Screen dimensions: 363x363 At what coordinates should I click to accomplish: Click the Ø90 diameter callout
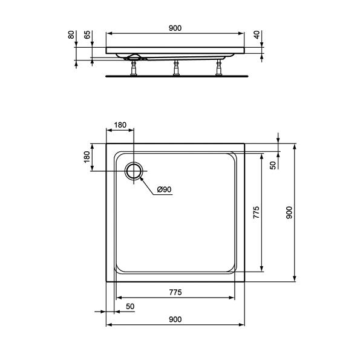(x=165, y=189)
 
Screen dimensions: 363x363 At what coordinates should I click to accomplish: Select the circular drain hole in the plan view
(x=134, y=170)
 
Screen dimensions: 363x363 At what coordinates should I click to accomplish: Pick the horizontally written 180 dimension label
(x=120, y=125)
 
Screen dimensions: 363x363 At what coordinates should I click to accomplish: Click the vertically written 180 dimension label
(x=87, y=157)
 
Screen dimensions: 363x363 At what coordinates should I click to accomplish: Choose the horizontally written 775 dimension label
(x=174, y=293)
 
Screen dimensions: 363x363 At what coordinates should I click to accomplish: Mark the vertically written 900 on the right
(x=289, y=212)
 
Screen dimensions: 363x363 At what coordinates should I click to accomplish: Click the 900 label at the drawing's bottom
(x=174, y=319)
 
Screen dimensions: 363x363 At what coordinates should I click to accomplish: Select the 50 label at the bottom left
(x=130, y=306)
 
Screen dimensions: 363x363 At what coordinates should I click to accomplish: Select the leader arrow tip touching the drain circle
(x=140, y=176)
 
